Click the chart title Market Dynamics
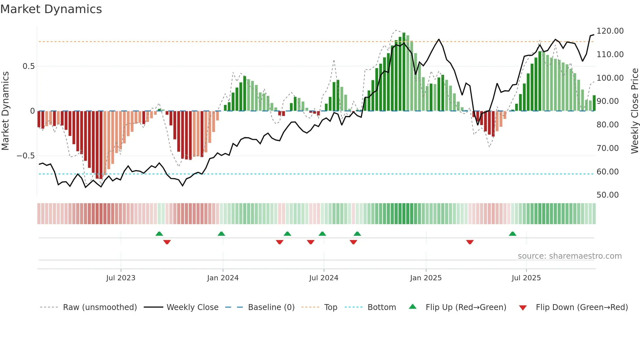51,9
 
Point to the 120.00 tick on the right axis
610,31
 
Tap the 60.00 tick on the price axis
607,172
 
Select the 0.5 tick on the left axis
28,66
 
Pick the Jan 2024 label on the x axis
223,278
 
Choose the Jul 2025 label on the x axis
526,278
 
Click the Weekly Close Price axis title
634,111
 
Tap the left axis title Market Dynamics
5,111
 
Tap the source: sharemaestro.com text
569,256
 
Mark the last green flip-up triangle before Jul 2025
513,234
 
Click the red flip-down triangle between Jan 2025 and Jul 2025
470,242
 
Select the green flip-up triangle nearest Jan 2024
221,234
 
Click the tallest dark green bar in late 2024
404,72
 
